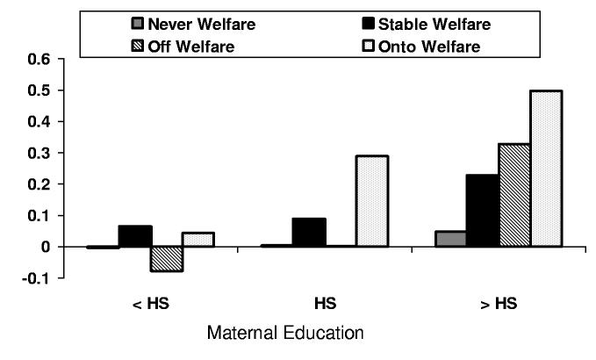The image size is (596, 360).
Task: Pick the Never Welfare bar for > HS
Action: tap(451, 239)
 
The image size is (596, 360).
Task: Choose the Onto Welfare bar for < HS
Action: tap(198, 240)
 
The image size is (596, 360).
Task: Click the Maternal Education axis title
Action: tap(284, 335)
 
